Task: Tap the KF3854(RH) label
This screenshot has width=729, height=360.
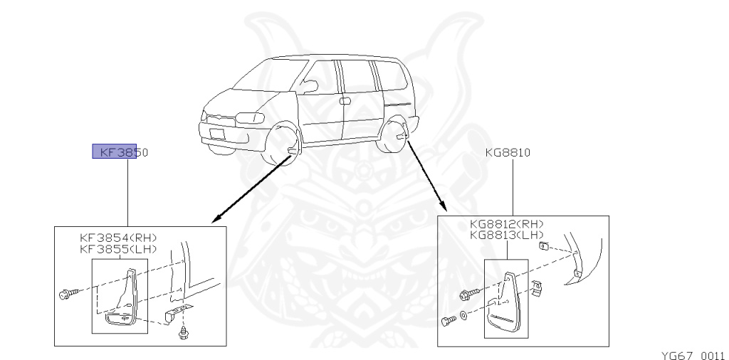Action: pos(117,237)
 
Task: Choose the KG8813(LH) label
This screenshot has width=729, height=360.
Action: pos(507,235)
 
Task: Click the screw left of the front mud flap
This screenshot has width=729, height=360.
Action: pos(65,292)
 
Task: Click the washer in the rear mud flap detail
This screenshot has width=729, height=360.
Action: pos(464,315)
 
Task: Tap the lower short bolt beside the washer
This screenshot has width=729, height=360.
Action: pos(447,321)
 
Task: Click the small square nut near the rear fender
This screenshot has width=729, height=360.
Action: pos(543,246)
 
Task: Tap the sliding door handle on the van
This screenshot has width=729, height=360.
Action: pos(345,101)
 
